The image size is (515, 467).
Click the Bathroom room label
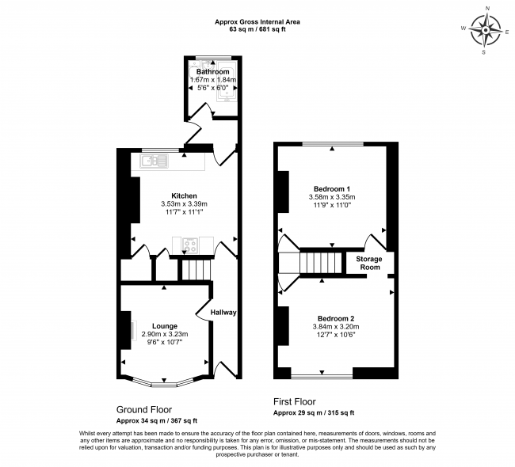point(213,72)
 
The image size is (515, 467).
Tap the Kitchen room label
point(185,196)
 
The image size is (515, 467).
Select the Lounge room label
point(165,326)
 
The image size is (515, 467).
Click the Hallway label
point(223,313)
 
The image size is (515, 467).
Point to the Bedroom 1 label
point(332,189)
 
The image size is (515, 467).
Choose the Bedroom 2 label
point(336,319)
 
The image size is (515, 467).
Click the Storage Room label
point(369,263)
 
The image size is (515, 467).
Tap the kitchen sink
point(154,161)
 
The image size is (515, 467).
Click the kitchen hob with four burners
point(190,245)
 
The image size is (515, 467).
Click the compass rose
point(486,31)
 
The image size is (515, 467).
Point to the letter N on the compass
point(488,17)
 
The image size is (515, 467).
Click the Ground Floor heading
point(144,409)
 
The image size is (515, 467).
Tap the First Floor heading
point(295,401)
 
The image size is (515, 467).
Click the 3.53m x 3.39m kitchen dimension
point(184,204)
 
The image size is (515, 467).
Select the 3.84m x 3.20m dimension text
point(336,327)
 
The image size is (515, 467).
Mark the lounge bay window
point(163,382)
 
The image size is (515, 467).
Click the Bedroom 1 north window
point(333,144)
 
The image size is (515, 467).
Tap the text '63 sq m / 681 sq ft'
point(257,29)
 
